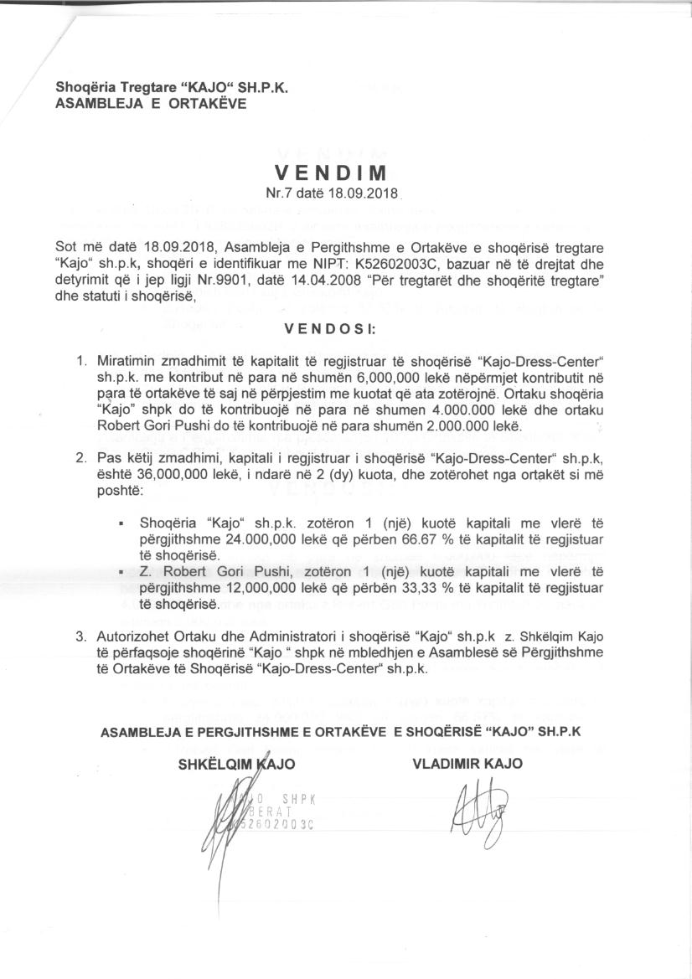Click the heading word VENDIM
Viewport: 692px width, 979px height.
tap(331, 174)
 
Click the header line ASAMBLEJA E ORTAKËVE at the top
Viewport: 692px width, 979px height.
tap(151, 105)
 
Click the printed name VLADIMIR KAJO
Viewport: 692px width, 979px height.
tap(467, 763)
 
